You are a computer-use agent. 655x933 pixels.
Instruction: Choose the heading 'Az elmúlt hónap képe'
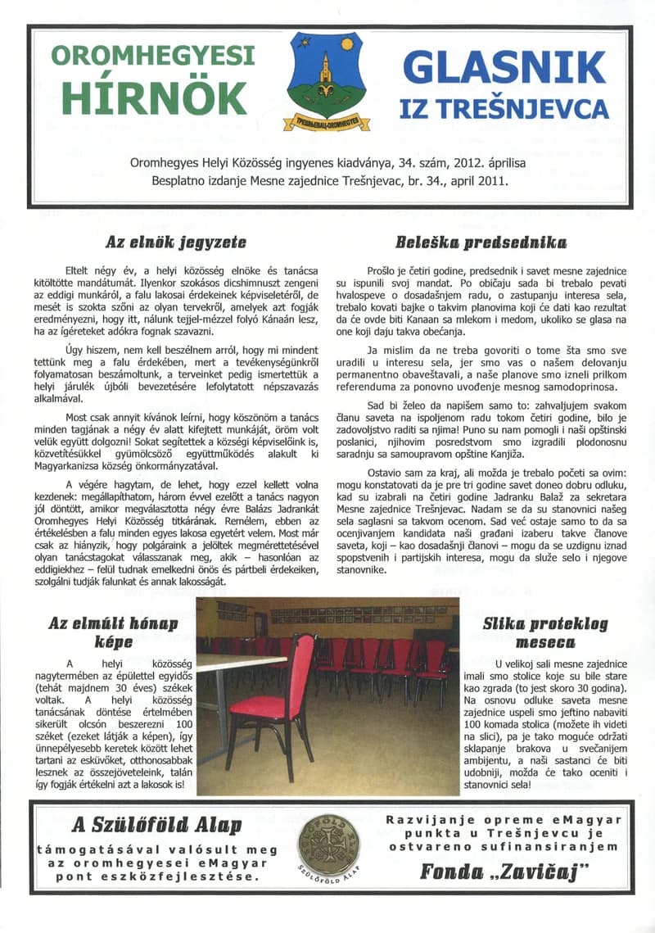click(114, 632)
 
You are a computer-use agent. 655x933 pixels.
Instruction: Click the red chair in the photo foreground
click(274, 696)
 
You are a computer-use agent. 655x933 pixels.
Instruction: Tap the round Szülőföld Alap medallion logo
click(327, 851)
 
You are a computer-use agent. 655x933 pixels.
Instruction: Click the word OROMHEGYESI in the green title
click(153, 56)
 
